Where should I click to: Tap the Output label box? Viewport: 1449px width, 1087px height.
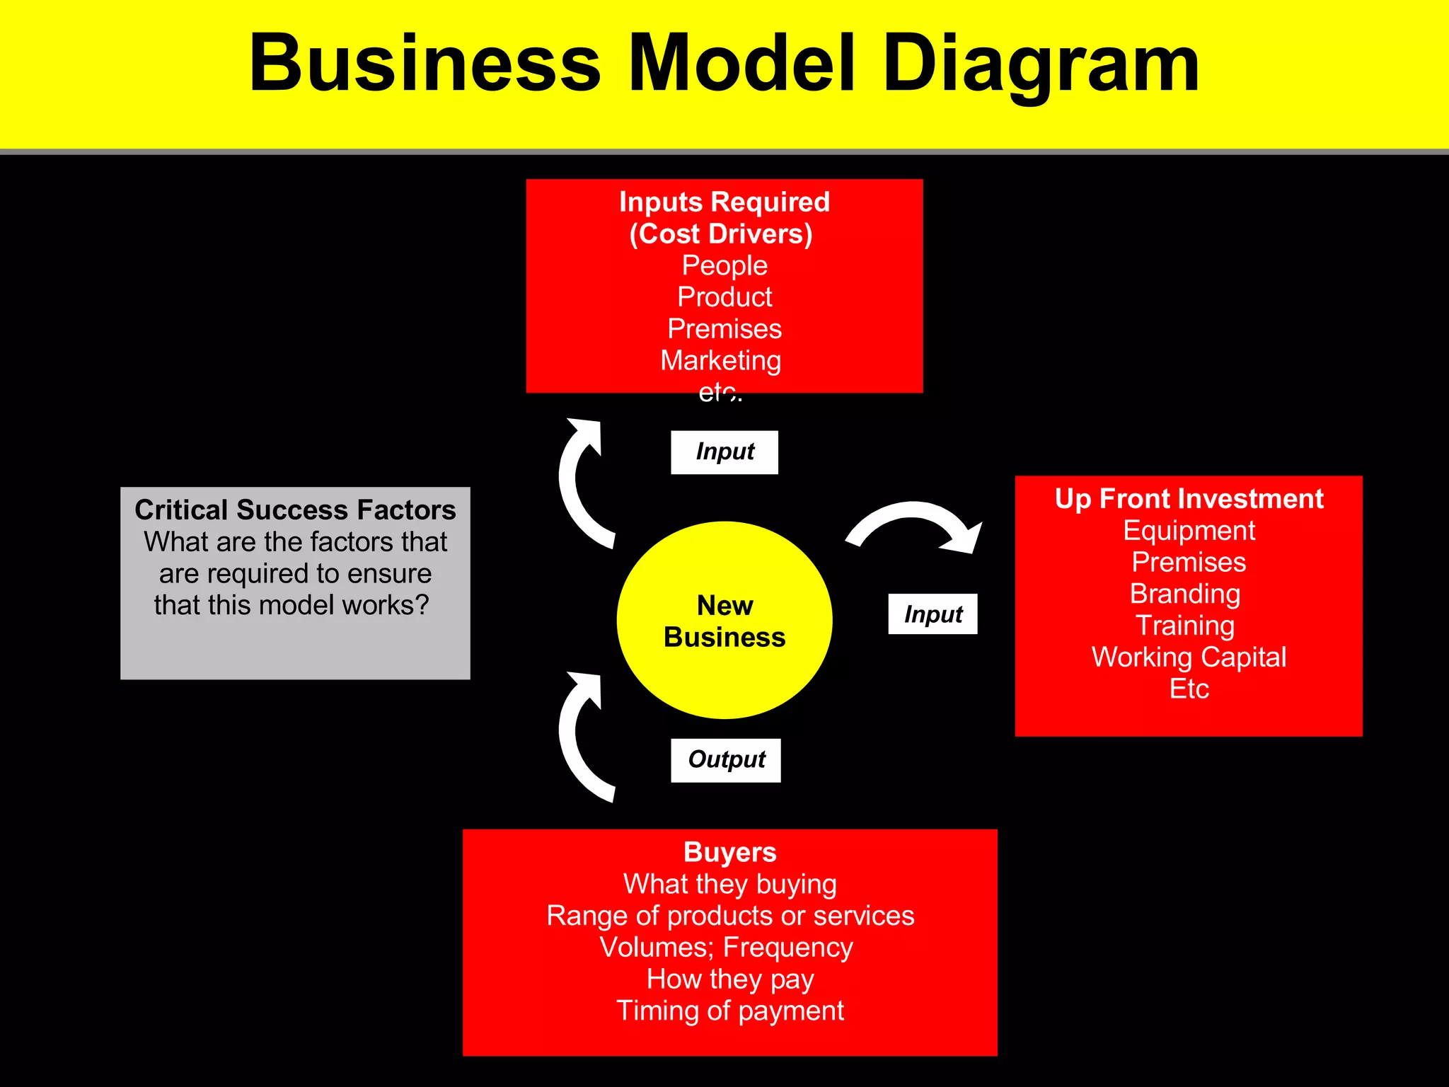tap(725, 760)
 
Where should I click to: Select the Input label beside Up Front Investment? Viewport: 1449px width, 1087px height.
tap(933, 614)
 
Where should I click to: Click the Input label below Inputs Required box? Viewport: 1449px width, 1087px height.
tap(724, 452)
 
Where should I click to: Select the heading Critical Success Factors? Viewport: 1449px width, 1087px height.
tap(295, 510)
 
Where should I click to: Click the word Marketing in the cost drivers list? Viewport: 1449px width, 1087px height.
tap(720, 361)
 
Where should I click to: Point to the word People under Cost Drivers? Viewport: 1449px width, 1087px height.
tap(724, 265)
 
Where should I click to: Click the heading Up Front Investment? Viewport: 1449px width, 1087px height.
tap(1189, 499)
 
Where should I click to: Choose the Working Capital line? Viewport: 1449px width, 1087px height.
tap(1189, 657)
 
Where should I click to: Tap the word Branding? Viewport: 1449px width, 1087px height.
tap(1185, 594)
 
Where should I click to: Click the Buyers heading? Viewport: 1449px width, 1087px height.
tap(729, 852)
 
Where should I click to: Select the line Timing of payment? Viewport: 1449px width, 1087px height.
tap(729, 1011)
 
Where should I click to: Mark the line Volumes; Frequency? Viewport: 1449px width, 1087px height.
tap(726, 948)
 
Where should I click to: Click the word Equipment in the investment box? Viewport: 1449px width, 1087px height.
tap(1189, 531)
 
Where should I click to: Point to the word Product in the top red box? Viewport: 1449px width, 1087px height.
tap(724, 297)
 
